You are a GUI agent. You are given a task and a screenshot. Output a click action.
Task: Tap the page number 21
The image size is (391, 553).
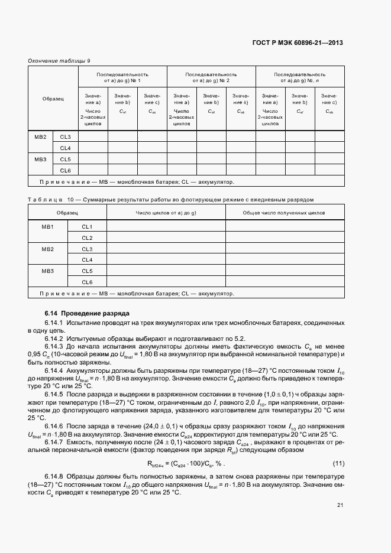point(340,505)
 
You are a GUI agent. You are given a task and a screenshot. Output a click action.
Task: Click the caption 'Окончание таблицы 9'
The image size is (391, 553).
point(59,61)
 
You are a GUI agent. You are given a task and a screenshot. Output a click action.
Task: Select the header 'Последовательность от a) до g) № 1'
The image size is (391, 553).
point(122,77)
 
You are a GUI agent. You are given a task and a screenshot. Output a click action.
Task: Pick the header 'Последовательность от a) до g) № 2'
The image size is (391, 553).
point(211,77)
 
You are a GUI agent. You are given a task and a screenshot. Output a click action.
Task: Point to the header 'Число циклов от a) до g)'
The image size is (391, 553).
point(166,212)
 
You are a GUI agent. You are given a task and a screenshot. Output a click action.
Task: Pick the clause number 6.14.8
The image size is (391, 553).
point(54,475)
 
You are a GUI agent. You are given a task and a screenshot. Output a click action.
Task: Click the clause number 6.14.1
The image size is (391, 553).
point(54,323)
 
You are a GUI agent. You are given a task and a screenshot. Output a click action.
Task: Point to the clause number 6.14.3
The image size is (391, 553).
point(54,346)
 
